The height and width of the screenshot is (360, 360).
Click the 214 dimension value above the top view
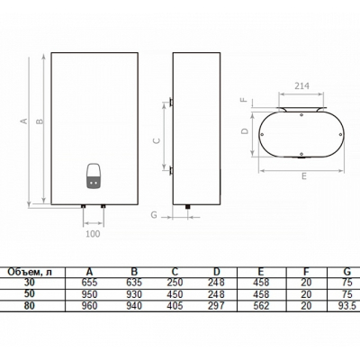(x=301, y=85)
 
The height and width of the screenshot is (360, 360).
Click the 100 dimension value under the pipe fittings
(x=93, y=234)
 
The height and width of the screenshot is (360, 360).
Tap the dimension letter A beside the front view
(x=23, y=121)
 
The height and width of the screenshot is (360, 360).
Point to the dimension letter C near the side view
(x=157, y=140)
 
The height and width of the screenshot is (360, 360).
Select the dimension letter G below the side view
(x=154, y=215)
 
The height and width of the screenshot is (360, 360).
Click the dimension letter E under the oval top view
(x=304, y=176)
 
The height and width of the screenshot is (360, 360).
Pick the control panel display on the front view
(x=94, y=176)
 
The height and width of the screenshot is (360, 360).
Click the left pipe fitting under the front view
(x=84, y=207)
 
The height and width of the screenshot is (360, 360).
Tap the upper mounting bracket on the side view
(x=171, y=102)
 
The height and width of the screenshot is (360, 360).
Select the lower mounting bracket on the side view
(x=171, y=171)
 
